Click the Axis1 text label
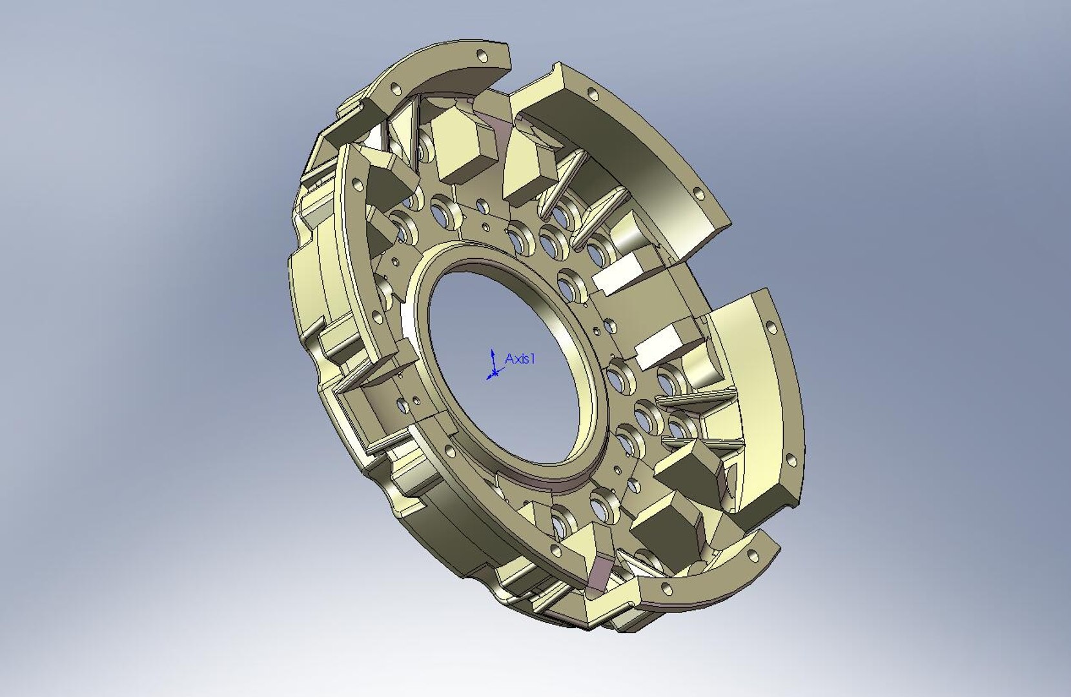[520, 359]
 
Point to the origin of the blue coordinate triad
[493, 373]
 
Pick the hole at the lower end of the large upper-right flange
[697, 192]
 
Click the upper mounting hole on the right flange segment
[770, 327]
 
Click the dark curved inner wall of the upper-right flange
[652, 161]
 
